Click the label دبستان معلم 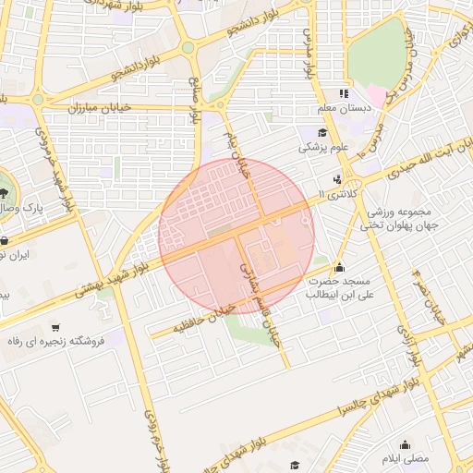[344, 109]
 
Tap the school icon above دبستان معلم [344, 93]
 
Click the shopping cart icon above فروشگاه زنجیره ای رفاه [56, 327]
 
